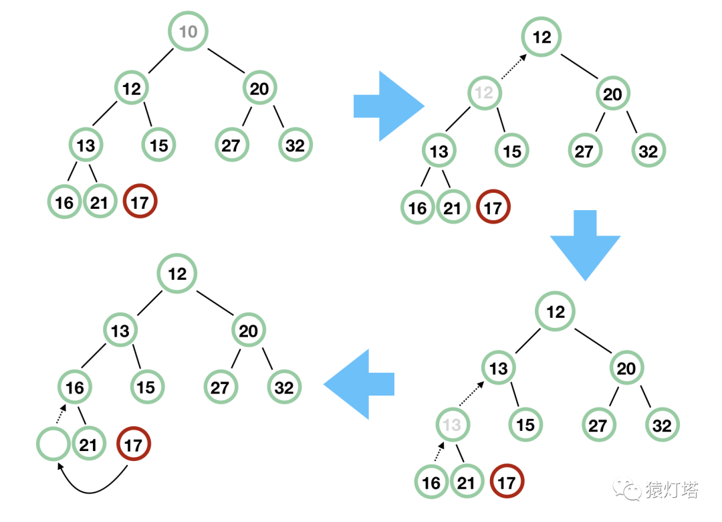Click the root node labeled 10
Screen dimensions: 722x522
click(x=188, y=31)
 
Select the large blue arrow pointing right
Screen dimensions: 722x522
click(x=388, y=106)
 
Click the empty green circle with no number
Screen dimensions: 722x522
click(x=53, y=444)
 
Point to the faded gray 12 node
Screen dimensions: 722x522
click(x=484, y=93)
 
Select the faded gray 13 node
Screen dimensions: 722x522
click(x=452, y=425)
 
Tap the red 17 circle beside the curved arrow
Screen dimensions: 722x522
click(x=134, y=445)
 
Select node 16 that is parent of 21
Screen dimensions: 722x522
click(x=75, y=387)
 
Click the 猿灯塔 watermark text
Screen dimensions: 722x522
click(x=672, y=490)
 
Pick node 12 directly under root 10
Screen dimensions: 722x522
click(x=132, y=88)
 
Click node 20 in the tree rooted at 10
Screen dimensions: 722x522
click(x=259, y=88)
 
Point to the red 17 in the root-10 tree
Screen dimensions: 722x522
click(x=140, y=201)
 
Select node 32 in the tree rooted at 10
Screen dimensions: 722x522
click(x=295, y=145)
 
